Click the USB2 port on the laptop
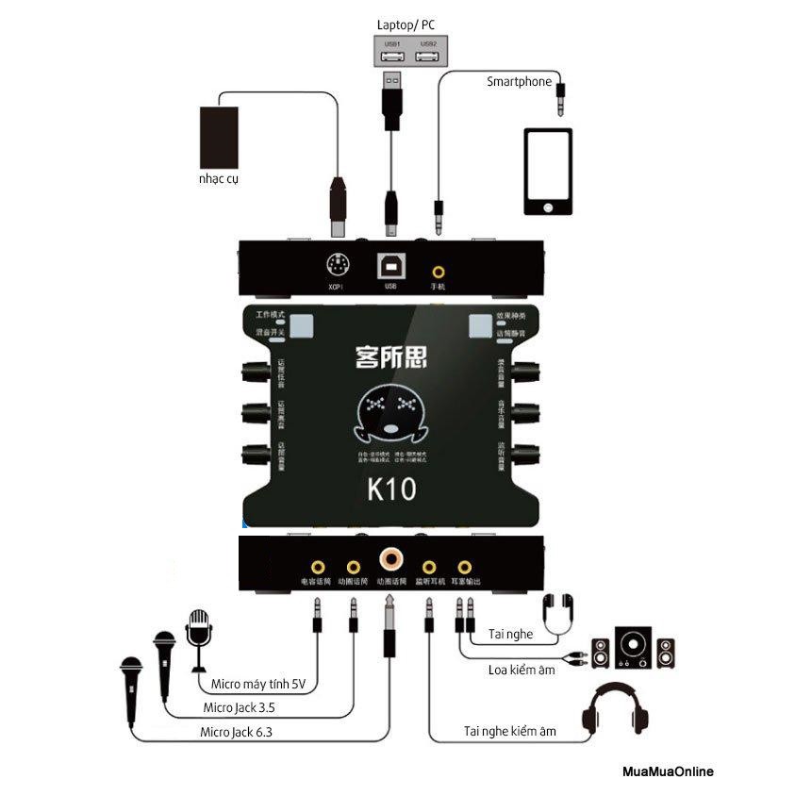pos(428,57)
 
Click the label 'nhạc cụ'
pos(218,179)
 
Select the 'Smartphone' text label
pos(519,82)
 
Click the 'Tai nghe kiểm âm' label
pos(510,731)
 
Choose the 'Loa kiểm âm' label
pos(522,671)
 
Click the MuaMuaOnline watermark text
pos(668,771)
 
